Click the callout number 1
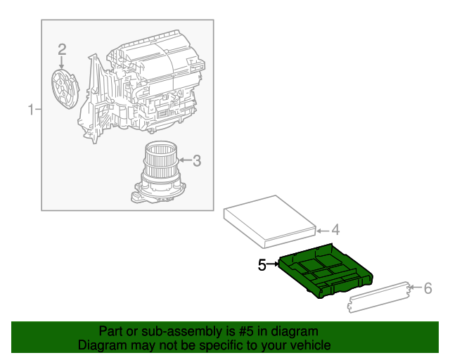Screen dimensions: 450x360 pos(31,110)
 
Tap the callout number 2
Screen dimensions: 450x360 pos(62,49)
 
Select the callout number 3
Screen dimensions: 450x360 pos(197,161)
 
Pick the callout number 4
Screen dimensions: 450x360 pos(335,230)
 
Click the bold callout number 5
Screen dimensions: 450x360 pos(262,264)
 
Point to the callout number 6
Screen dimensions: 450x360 pos(428,288)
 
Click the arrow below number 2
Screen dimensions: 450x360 pos(61,63)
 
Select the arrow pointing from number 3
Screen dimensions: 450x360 pos(185,160)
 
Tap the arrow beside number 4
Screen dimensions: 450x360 pos(323,231)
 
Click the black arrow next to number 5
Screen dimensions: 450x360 pos(273,264)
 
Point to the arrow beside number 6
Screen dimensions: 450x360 pos(416,287)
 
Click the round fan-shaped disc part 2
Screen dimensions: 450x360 pos(65,89)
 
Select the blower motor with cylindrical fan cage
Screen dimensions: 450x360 pos(158,172)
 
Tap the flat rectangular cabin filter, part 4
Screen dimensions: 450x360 pos(270,221)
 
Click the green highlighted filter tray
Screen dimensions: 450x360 pos(326,271)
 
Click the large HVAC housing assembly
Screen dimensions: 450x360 pos(141,85)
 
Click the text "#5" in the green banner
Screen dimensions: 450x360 pos(246,331)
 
